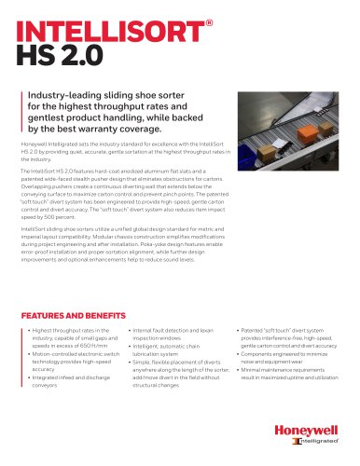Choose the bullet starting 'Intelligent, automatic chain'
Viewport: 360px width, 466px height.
click(172, 347)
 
